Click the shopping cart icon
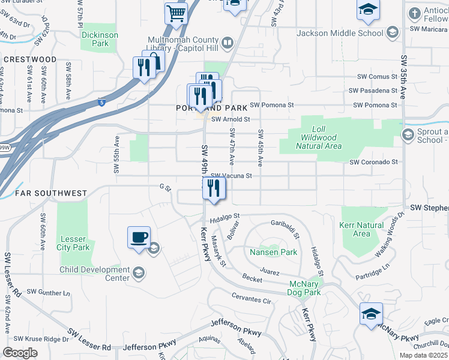coord(176,13)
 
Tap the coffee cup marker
coord(139,237)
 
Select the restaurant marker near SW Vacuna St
coord(214,188)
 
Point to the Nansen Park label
coord(274,253)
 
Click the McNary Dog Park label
coord(305,288)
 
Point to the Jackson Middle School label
coord(340,33)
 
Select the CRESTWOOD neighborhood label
coord(29,60)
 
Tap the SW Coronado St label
coord(374,162)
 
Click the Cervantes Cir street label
coord(252,300)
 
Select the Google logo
coord(20,352)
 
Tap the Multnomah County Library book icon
coord(228,43)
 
